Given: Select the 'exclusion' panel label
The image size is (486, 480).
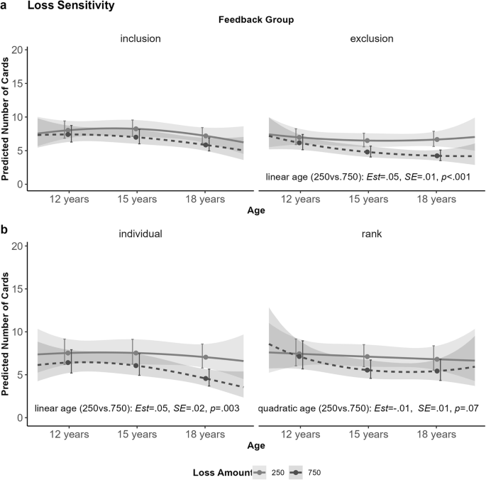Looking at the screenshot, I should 372,38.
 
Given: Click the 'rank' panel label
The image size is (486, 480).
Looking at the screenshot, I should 372,233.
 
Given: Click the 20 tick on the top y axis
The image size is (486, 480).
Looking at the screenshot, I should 16,50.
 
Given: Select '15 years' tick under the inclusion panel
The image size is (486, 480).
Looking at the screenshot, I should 137,200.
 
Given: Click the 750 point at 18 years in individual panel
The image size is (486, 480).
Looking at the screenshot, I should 205,378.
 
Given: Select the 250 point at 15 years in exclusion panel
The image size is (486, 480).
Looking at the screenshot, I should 367,141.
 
